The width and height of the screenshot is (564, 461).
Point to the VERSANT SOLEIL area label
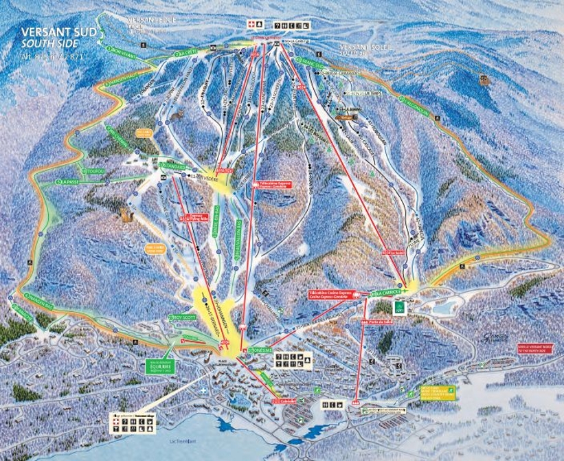click(363, 48)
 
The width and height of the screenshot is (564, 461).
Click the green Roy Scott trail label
click(181, 317)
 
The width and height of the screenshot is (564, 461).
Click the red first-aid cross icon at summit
click(251, 25)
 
